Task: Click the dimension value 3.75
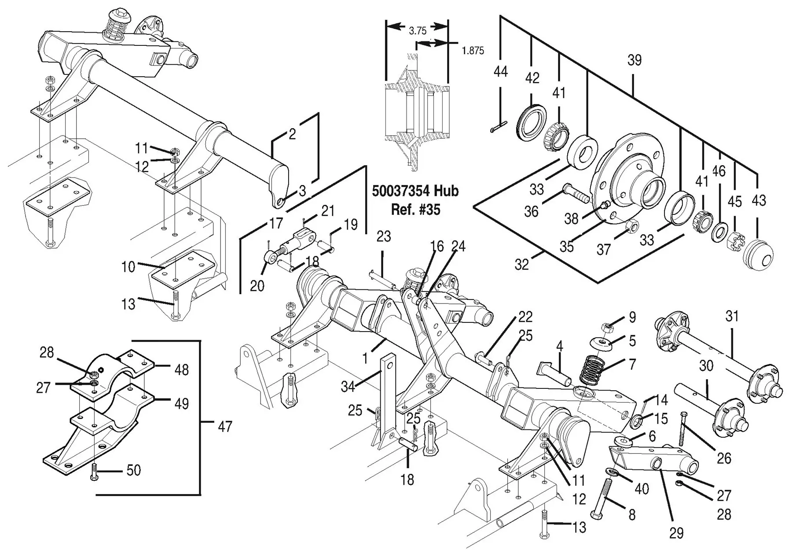[418, 31]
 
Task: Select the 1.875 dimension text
[473, 51]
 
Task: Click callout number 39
[634, 60]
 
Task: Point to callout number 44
[501, 72]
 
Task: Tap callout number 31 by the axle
[732, 316]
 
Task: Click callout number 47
[225, 426]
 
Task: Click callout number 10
[128, 266]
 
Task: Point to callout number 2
[293, 134]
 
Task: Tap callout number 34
[348, 387]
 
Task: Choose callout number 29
[676, 533]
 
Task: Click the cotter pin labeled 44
[499, 127]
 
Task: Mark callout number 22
[525, 317]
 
